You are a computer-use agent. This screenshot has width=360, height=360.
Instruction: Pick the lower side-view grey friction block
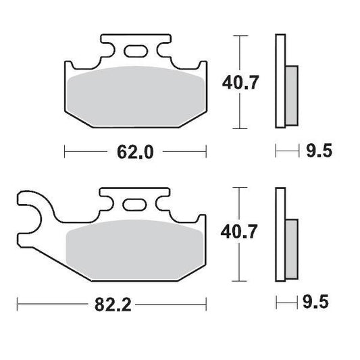pos(290,246)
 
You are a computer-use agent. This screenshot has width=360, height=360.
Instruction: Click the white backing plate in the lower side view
pos(280,233)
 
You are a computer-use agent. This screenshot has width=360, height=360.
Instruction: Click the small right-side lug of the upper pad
pos(201,67)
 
